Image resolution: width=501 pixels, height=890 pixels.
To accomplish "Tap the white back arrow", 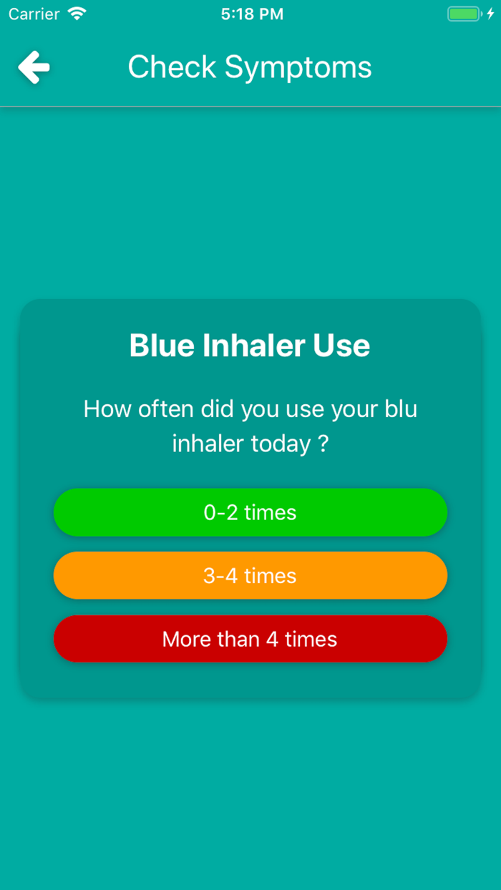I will tap(34, 68).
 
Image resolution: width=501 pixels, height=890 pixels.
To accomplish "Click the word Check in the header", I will tap(172, 67).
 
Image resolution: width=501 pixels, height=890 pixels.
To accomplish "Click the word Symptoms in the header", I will tap(298, 67).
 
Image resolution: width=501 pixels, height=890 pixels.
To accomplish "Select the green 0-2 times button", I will tap(250, 512).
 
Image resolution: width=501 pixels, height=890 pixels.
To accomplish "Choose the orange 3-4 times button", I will tap(250, 576).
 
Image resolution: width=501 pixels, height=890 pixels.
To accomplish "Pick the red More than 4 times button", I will tap(250, 639).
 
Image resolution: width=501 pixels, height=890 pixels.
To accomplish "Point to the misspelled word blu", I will tap(402, 409).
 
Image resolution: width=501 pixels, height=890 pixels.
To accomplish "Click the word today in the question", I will tap(281, 444).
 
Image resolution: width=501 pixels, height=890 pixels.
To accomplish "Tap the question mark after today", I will tap(323, 444).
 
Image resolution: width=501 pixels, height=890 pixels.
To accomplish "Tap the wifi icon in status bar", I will tap(77, 14).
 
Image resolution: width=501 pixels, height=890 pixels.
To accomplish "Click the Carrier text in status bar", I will tap(34, 14).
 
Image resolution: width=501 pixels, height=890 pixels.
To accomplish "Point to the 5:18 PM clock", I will tap(252, 14).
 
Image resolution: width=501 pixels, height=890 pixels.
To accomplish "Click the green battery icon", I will tap(464, 14).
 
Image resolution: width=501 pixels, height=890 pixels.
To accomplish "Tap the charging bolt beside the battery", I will tap(490, 14).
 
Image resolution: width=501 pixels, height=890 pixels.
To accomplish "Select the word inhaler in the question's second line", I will tap(208, 444).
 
